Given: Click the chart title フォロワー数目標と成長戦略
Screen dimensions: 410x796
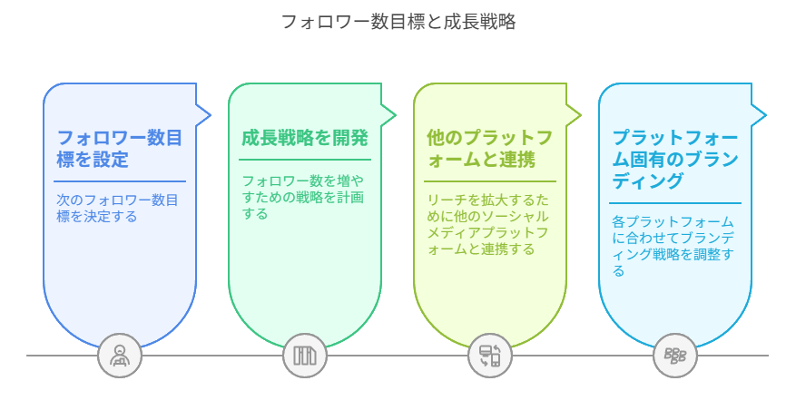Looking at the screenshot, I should [398, 22].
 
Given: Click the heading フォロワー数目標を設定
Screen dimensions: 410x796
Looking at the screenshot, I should [120, 149].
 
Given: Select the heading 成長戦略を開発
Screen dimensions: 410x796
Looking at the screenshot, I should [305, 139].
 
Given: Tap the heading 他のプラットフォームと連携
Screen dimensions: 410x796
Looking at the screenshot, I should [490, 149].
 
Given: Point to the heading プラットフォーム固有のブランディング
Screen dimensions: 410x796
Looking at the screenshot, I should [675, 159].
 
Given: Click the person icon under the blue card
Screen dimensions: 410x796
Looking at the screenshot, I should [120, 356].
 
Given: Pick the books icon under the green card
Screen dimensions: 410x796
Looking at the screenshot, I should [305, 356].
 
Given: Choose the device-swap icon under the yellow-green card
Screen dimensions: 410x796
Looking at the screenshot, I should [490, 356].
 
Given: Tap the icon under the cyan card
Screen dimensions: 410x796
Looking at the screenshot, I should [675, 356].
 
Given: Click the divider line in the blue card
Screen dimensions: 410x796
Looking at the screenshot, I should [120, 181].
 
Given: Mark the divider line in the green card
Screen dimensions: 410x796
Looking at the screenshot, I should [305, 161].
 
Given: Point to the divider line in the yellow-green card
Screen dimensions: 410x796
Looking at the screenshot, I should [490, 181].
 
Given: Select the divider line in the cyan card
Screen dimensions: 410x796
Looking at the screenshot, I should [675, 202].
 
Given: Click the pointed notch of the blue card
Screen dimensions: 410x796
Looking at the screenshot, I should [204, 114].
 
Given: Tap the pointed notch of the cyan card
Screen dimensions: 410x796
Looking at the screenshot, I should [760, 114].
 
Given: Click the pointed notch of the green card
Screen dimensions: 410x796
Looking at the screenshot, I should [389, 114].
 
